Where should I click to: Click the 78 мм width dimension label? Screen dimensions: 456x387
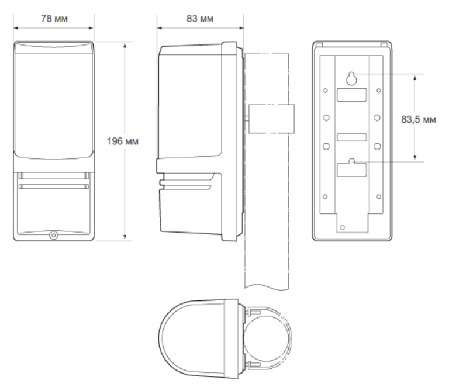pyautogui.click(x=54, y=19)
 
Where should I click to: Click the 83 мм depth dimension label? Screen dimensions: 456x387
pyautogui.click(x=200, y=19)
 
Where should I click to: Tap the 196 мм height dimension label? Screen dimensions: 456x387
pyautogui.click(x=122, y=141)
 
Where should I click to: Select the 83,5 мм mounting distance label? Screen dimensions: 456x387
pyautogui.click(x=419, y=119)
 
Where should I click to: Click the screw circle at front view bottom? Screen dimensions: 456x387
pyautogui.click(x=54, y=235)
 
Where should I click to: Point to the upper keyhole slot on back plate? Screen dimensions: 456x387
pyautogui.click(x=351, y=78)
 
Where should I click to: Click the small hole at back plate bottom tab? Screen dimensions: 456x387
pyautogui.click(x=342, y=227)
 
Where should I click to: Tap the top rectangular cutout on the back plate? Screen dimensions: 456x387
pyautogui.click(x=351, y=95)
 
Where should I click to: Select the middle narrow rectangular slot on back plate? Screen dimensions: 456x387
pyautogui.click(x=351, y=137)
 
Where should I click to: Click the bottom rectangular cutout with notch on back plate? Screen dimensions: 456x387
pyautogui.click(x=351, y=169)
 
